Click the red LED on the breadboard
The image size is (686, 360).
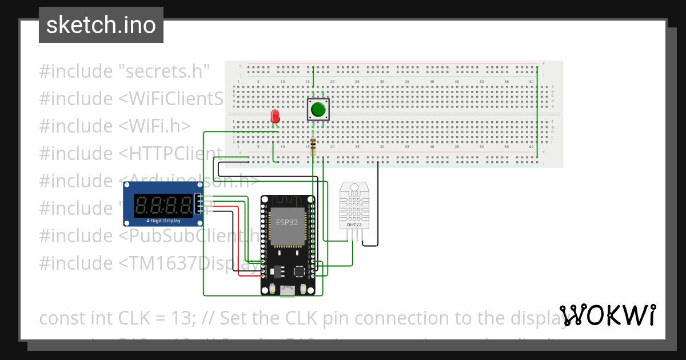[x=275, y=117]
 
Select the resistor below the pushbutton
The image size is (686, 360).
[x=312, y=147]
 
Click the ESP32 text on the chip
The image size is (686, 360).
[x=286, y=222]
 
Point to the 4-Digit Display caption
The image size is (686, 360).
[x=163, y=220]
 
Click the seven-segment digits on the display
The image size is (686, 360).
[x=163, y=204]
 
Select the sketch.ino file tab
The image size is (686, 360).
[x=101, y=25]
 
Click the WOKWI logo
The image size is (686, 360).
[x=608, y=315]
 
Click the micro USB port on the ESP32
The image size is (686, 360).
[x=287, y=290]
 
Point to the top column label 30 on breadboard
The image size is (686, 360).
[x=382, y=82]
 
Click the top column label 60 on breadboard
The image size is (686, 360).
[x=532, y=82]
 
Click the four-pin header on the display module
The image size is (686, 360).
[x=198, y=204]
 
